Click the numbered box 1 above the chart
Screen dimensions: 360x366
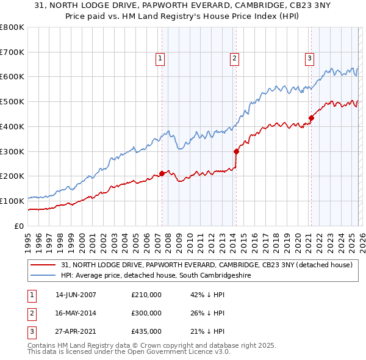[x=160, y=59]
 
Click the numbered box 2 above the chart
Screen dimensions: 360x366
[x=234, y=59]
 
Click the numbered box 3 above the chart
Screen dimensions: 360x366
[x=309, y=59]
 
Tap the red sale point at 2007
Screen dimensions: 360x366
[x=162, y=173]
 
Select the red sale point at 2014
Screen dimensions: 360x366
[x=236, y=151]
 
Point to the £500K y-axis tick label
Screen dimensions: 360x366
[x=12, y=102]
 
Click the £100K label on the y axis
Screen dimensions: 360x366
[x=12, y=201]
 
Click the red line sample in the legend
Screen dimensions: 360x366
[x=43, y=265]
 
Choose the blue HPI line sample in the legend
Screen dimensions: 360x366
[x=43, y=276]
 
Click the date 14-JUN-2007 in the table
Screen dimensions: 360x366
[x=76, y=295]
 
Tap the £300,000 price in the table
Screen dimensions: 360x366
[x=146, y=313]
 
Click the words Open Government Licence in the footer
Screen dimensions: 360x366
[x=170, y=351]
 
